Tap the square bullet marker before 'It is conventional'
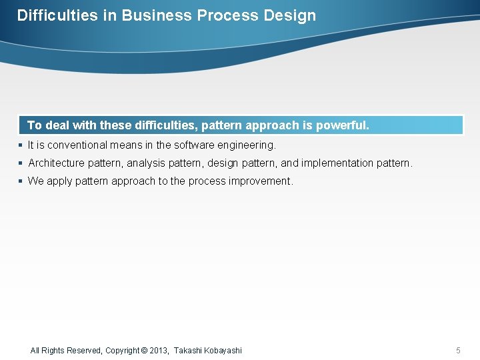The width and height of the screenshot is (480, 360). (x=21, y=145)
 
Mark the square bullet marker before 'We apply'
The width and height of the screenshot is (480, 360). (x=21, y=181)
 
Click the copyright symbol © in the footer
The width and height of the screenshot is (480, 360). (x=145, y=351)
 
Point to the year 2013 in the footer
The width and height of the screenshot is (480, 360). (x=159, y=351)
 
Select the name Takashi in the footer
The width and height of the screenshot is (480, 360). (x=188, y=351)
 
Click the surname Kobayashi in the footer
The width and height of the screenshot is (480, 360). (x=223, y=351)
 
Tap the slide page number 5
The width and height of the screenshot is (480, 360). (x=458, y=351)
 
